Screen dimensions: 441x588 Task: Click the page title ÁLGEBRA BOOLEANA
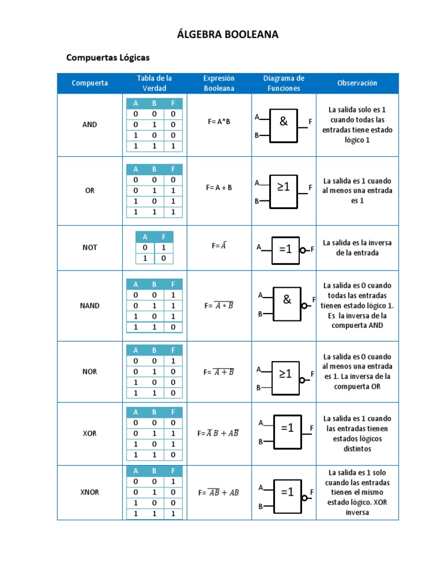(x=228, y=34)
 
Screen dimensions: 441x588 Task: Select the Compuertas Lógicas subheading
(x=108, y=57)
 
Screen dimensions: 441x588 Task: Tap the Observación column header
(x=357, y=83)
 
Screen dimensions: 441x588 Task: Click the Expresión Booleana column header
(x=219, y=83)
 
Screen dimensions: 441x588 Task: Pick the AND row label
(x=90, y=125)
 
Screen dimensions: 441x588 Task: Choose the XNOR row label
(x=90, y=492)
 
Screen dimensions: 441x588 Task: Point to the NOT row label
(x=90, y=247)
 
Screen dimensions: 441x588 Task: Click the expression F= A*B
(x=219, y=122)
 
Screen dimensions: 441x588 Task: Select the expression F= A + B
(x=219, y=187)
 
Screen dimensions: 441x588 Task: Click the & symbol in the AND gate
(x=283, y=121)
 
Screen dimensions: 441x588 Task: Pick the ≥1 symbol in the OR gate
(x=284, y=187)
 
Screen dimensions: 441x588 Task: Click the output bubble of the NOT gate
(x=303, y=250)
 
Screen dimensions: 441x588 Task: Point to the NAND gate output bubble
(x=304, y=305)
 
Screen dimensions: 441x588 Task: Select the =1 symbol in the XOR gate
(x=287, y=428)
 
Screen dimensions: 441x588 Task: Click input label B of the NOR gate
(x=259, y=388)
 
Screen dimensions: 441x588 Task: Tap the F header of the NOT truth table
(x=164, y=237)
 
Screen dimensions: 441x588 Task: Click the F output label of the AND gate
(x=310, y=122)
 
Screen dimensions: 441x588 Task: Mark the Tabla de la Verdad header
(x=154, y=83)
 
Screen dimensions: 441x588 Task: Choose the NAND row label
(x=90, y=305)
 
